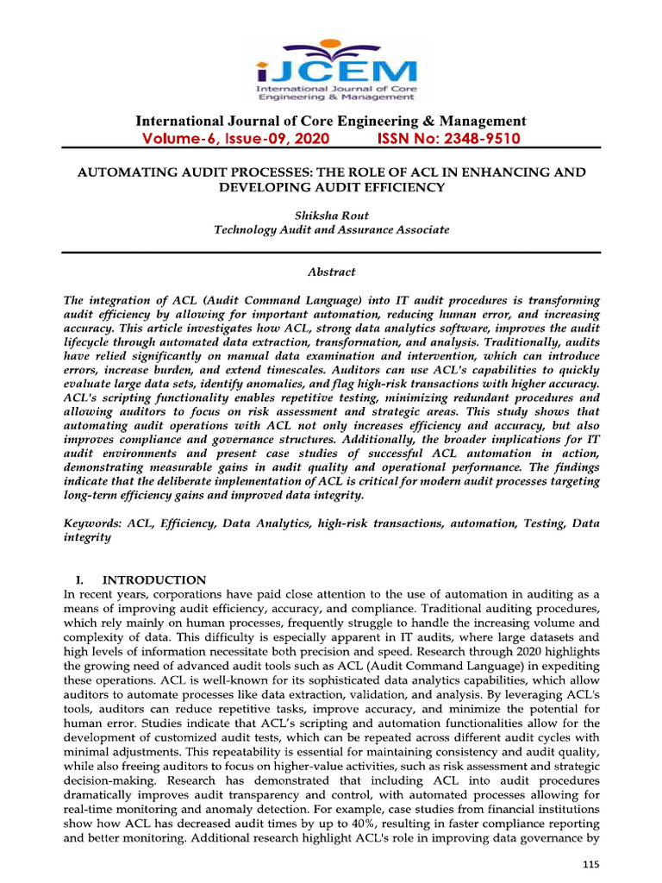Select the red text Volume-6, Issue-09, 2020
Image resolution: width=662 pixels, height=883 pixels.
pos(235,139)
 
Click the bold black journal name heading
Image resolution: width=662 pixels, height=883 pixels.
pos(330,121)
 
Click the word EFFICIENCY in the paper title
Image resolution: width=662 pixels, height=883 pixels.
pos(390,187)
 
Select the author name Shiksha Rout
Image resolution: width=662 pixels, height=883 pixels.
pos(331,215)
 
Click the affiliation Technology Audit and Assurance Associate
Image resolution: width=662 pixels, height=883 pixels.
pos(331,229)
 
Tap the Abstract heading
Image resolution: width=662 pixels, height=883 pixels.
pos(331,272)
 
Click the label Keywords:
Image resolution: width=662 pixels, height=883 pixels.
pos(93,523)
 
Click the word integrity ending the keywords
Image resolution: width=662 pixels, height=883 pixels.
pos(88,537)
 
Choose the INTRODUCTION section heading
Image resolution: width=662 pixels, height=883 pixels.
pos(154,580)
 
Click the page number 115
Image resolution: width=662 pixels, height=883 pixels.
pos(590,864)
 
